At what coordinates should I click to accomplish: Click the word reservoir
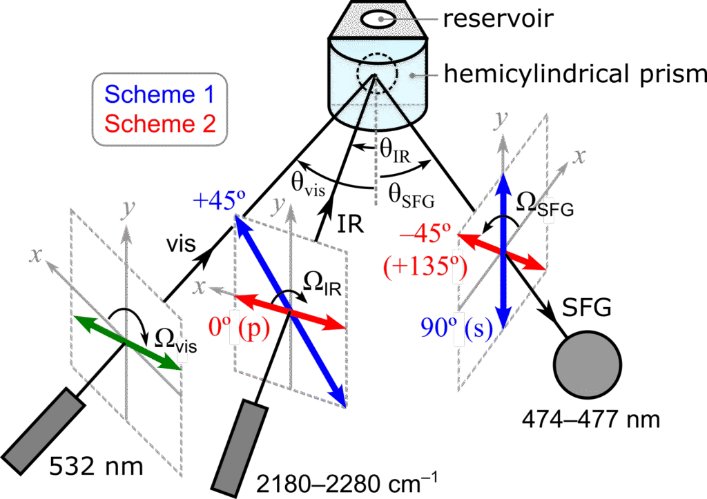coord(498,19)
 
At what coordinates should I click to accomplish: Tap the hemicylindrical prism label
coord(575,74)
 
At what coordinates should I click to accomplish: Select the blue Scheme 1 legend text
coord(159,95)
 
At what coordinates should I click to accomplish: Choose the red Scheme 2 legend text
coord(159,124)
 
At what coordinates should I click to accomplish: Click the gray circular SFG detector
coord(588,364)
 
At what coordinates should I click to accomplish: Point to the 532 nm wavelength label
coord(96,466)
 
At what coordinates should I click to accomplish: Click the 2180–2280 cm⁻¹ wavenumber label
coord(347,483)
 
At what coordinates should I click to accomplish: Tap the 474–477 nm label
coord(591,420)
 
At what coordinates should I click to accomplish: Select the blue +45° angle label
coord(219,200)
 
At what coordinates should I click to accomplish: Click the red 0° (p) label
coord(239,327)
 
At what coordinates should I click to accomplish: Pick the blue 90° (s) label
coord(456,328)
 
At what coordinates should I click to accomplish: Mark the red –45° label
coord(425,233)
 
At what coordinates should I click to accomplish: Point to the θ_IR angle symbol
coord(395,151)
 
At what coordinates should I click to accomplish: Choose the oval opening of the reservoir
coord(380,19)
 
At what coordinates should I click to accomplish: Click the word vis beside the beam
coord(182,244)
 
